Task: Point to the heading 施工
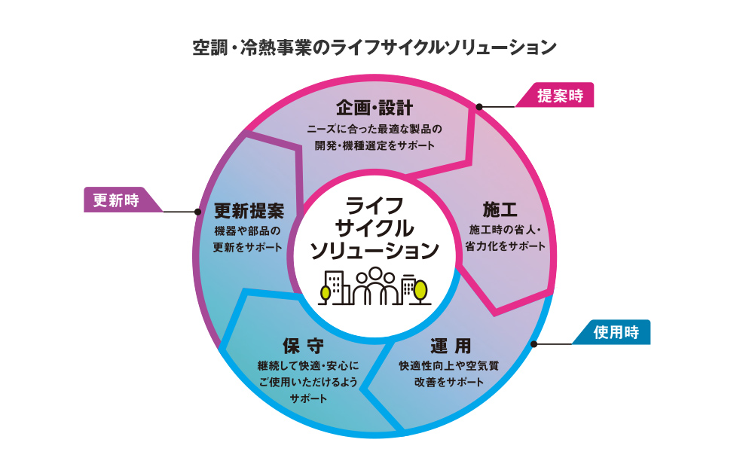(500, 209)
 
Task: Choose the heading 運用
(451, 346)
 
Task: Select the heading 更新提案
(249, 209)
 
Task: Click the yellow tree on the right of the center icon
(420, 288)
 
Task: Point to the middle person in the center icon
(374, 282)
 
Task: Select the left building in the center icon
(337, 286)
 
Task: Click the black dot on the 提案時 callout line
(479, 107)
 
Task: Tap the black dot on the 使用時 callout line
(534, 344)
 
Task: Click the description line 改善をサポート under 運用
(449, 383)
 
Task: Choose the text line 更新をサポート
(249, 247)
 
